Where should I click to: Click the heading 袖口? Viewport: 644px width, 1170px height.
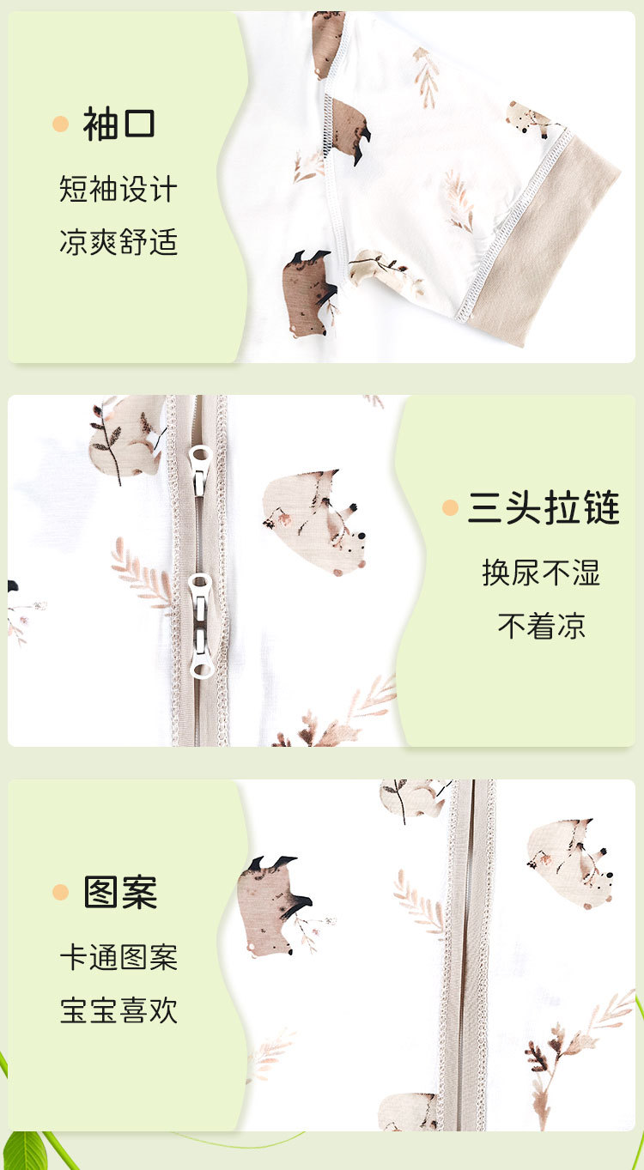[118, 124]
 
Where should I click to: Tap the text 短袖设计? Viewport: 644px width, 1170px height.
[118, 189]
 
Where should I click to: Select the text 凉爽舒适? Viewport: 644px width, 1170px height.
[118, 242]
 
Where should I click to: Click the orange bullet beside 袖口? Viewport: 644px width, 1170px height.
[61, 124]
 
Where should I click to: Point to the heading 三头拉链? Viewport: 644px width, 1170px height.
[544, 507]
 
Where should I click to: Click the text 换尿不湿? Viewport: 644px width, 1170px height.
[541, 573]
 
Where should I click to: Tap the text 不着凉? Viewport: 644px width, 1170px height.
[541, 626]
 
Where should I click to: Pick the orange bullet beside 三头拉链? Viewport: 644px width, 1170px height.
[450, 507]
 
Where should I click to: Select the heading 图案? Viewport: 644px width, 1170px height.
[120, 892]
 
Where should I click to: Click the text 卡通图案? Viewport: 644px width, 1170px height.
[118, 957]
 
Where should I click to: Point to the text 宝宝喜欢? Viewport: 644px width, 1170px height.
[118, 1010]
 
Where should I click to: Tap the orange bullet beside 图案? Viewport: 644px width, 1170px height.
[61, 892]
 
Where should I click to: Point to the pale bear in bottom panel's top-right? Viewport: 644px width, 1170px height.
[570, 864]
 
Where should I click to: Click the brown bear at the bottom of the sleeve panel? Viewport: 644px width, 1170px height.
[308, 294]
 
